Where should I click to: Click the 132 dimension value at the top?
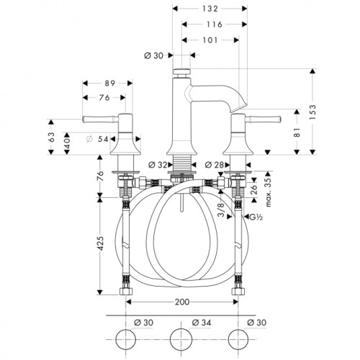tap(210, 9)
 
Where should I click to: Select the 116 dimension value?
tap(214, 24)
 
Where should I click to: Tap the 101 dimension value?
tap(210, 40)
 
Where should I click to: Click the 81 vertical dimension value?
tap(297, 132)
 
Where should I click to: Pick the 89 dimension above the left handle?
tap(110, 84)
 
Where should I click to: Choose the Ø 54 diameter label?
tap(97, 139)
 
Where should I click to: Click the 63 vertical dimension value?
tap(51, 137)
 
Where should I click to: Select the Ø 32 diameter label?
tap(158, 165)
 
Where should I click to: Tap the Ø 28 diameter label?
tap(215, 165)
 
